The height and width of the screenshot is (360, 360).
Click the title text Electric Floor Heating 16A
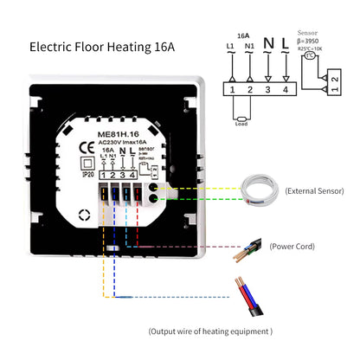coord(102,45)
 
